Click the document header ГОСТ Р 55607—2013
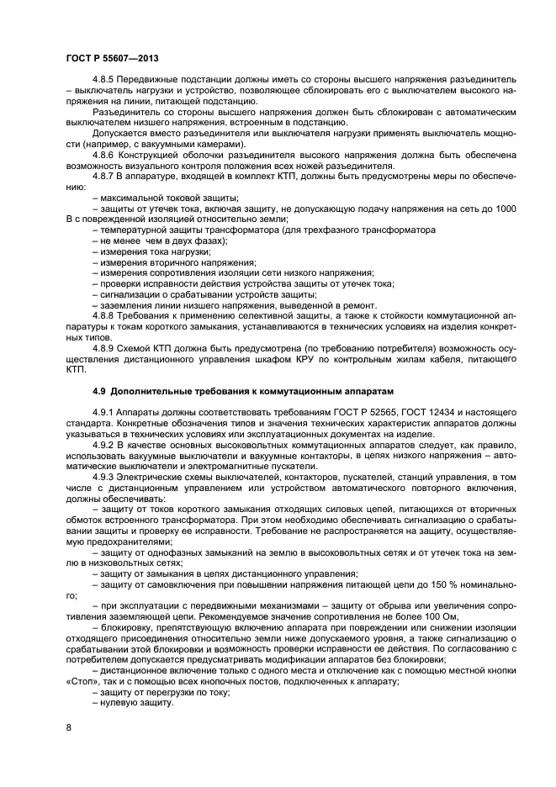[112, 58]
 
